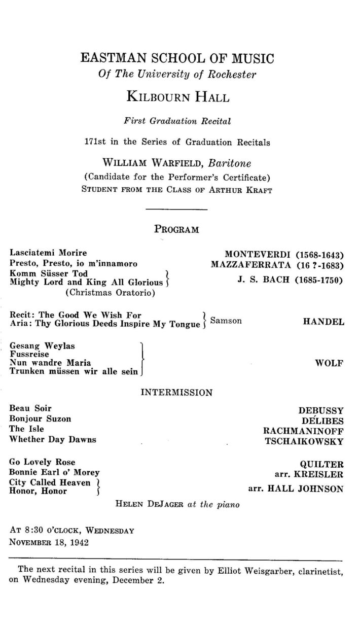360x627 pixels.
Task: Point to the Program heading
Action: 176,229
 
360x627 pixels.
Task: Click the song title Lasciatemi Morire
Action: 49,253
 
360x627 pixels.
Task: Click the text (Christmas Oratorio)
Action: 110,292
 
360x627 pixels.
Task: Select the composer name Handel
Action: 323,322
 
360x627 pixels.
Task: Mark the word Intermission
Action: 176,392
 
